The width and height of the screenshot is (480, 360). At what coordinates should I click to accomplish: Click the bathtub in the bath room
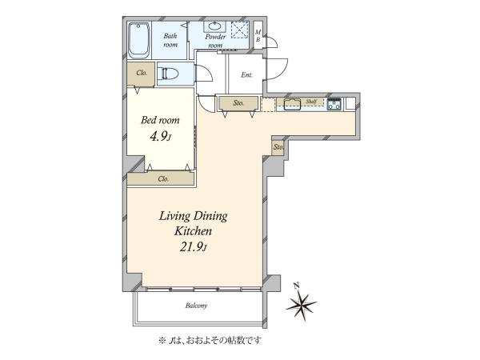pyautogui.click(x=138, y=41)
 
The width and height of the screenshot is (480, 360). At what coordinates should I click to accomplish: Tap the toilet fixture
pyautogui.click(x=168, y=74)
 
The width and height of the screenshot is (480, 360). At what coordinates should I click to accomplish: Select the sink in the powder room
pyautogui.click(x=215, y=26)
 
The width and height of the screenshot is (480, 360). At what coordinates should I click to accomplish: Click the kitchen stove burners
pyautogui.click(x=334, y=104)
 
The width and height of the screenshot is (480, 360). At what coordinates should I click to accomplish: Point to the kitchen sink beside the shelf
pyautogui.click(x=292, y=104)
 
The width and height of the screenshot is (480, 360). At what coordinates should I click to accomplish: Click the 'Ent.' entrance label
pyautogui.click(x=246, y=74)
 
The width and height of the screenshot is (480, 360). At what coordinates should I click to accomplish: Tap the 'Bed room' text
pyautogui.click(x=160, y=120)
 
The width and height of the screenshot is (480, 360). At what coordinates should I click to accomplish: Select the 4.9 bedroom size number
pyautogui.click(x=159, y=137)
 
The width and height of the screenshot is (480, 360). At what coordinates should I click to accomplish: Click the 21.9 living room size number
pyautogui.click(x=193, y=246)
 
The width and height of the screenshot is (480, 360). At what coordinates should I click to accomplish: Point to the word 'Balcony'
pyautogui.click(x=196, y=306)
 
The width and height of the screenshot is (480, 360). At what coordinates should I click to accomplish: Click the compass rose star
pyautogui.click(x=302, y=305)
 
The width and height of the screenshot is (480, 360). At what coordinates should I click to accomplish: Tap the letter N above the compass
pyautogui.click(x=296, y=286)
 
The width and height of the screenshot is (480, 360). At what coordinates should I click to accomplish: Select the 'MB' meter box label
pyautogui.click(x=258, y=36)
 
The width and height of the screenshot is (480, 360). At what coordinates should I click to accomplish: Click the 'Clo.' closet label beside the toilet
pyautogui.click(x=142, y=73)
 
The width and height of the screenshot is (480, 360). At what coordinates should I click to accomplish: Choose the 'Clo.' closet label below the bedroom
pyautogui.click(x=163, y=178)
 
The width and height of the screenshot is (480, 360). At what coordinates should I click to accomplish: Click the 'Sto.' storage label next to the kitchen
pyautogui.click(x=238, y=103)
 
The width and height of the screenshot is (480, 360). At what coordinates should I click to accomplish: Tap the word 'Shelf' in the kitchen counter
pyautogui.click(x=310, y=101)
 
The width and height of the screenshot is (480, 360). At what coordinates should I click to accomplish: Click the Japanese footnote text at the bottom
pyautogui.click(x=210, y=340)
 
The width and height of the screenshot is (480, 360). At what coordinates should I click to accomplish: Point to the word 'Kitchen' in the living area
pyautogui.click(x=193, y=231)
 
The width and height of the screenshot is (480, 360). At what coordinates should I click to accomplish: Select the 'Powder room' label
pyautogui.click(x=215, y=41)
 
